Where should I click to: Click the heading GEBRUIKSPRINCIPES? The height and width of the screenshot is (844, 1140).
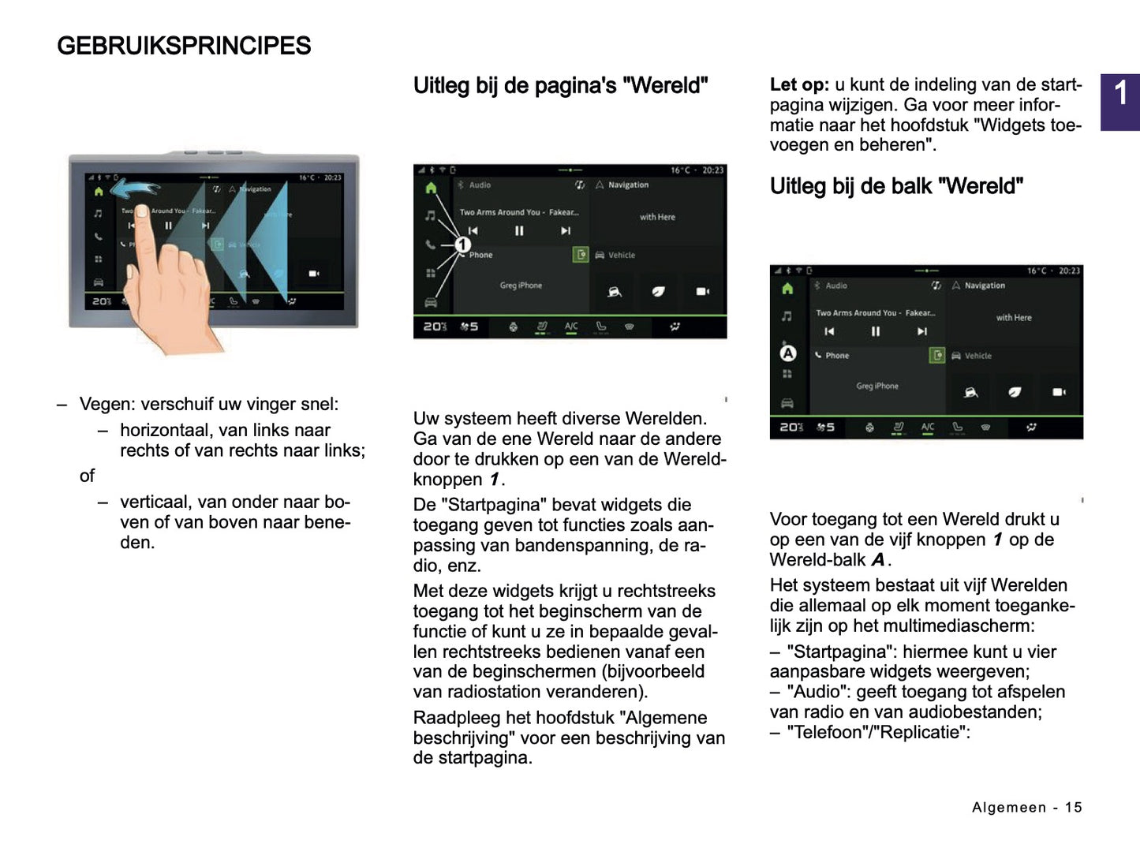(x=184, y=46)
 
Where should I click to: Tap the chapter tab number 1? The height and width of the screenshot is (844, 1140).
(x=1120, y=95)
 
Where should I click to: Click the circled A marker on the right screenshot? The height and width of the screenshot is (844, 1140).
(x=787, y=353)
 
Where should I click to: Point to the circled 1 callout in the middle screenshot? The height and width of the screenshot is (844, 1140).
(x=463, y=245)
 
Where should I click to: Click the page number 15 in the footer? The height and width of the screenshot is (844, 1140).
(x=1073, y=807)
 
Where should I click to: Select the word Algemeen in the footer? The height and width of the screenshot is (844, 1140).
(x=1009, y=807)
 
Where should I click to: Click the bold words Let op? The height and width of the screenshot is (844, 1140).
(x=799, y=85)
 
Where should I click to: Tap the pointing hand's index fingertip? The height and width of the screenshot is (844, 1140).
(x=142, y=212)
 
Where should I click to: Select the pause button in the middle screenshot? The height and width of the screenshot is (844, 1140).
(x=519, y=231)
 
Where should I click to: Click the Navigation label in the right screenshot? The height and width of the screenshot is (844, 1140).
(x=985, y=286)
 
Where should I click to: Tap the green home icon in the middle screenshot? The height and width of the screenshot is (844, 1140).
(x=431, y=189)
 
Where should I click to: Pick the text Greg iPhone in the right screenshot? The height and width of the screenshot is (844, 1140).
(x=877, y=386)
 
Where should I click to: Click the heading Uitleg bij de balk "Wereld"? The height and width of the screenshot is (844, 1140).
(x=896, y=186)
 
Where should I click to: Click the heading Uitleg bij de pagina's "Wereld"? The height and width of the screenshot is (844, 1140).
(x=560, y=85)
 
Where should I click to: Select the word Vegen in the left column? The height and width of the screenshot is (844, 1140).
(x=106, y=404)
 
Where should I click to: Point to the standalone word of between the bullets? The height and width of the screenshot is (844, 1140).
(x=87, y=476)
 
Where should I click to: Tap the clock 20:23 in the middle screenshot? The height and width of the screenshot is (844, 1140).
(x=712, y=170)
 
